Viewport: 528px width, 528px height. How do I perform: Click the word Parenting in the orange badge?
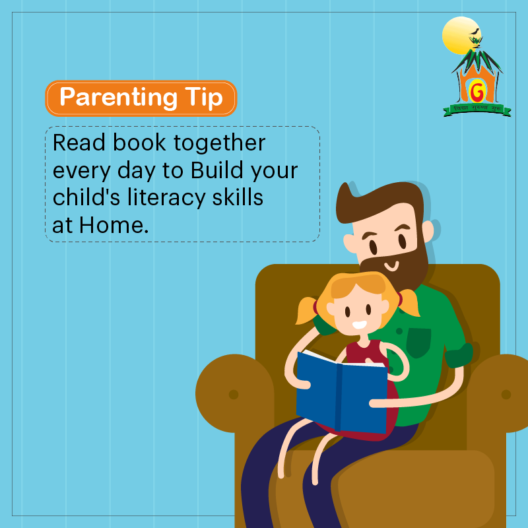pos(116,98)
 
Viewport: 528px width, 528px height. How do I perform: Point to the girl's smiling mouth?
pos(359,325)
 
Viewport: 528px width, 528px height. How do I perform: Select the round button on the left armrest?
pos(233,395)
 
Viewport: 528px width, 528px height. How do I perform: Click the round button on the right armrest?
pos(506,394)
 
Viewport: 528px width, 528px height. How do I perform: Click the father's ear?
pos(428,231)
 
